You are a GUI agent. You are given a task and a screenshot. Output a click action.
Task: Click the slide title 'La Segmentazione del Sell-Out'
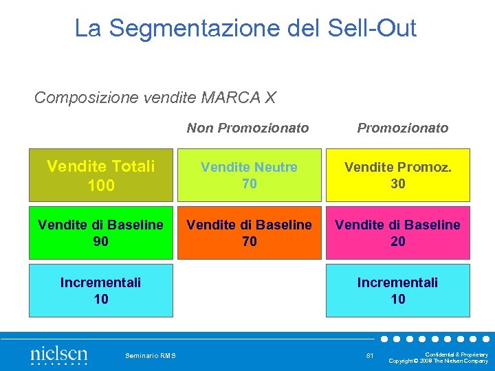(x=245, y=28)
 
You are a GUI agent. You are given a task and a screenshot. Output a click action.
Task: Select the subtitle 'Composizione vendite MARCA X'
(x=155, y=98)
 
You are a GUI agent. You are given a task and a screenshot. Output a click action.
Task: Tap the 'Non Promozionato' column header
(x=248, y=128)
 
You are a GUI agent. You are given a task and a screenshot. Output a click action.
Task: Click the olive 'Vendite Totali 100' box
(x=100, y=175)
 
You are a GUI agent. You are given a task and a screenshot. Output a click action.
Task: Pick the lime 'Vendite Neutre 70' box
(x=249, y=175)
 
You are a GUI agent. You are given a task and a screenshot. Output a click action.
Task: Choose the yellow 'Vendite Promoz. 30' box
(x=398, y=175)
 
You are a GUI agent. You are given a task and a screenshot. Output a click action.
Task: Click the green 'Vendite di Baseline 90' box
(x=100, y=233)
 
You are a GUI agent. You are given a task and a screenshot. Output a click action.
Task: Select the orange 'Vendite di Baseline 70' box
(x=249, y=233)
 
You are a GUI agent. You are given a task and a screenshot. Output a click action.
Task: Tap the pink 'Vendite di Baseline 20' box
(x=398, y=233)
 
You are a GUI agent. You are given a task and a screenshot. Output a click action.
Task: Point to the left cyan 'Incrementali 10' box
(x=100, y=291)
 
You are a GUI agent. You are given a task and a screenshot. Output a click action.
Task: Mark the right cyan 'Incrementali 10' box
(x=398, y=291)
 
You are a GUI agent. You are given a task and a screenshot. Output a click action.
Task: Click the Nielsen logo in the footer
(x=58, y=355)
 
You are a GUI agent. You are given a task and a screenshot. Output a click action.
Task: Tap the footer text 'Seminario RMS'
(x=151, y=355)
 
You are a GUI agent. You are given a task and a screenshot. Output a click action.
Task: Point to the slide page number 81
(x=370, y=355)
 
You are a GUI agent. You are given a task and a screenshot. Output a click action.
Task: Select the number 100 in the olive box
(x=101, y=185)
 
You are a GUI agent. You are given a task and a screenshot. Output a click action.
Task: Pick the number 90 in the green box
(x=101, y=242)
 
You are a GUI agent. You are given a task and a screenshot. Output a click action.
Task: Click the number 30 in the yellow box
(x=398, y=184)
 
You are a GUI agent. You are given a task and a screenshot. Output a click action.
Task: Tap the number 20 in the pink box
(x=398, y=242)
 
